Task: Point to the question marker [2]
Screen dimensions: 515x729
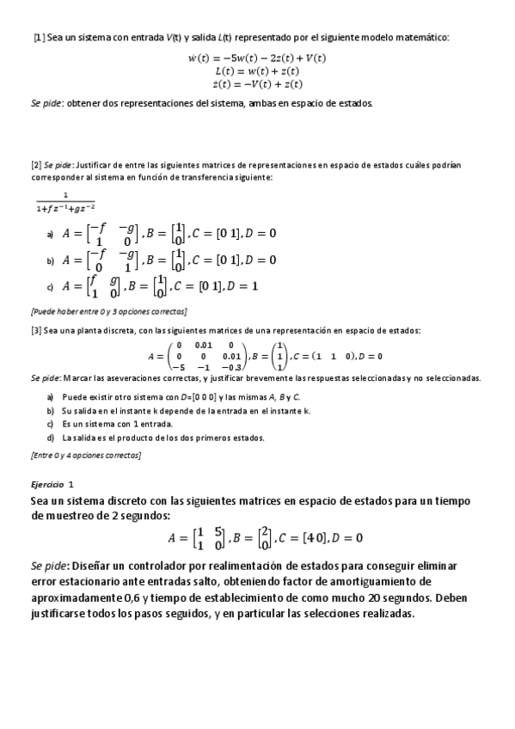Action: coord(36,164)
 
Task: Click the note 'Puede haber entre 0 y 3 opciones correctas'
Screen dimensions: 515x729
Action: coord(108,310)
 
